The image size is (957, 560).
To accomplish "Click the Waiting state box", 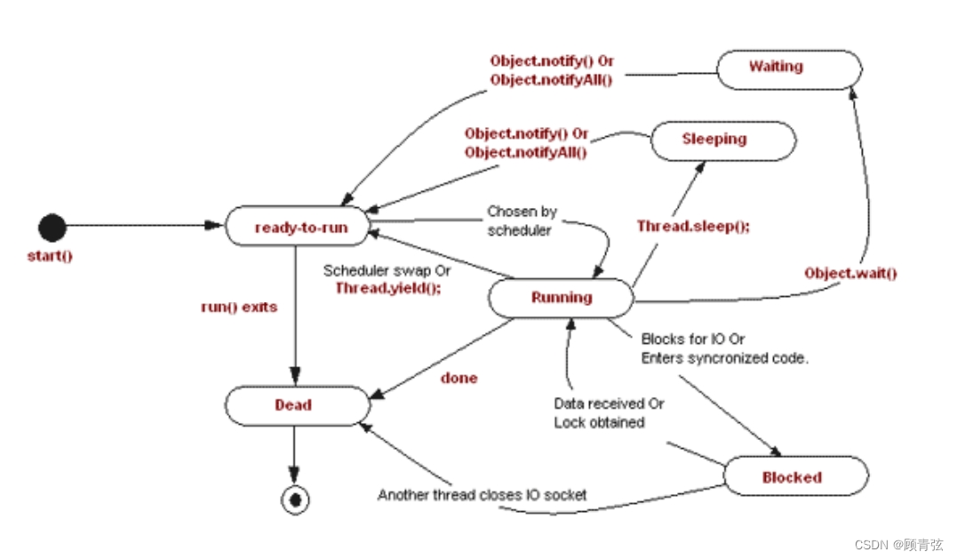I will click(x=788, y=68).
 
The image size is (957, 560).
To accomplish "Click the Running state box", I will click(x=561, y=298).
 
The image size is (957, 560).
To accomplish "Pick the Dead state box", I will click(x=297, y=405).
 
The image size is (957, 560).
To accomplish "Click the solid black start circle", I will click(x=52, y=228).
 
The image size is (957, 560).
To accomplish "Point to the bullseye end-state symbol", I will click(x=295, y=500).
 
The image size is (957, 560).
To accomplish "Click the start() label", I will click(x=49, y=257).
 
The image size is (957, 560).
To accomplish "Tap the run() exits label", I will click(x=239, y=308).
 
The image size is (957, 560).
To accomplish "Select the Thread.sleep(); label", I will click(x=693, y=226).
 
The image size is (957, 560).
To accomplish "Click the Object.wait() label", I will click(x=850, y=273).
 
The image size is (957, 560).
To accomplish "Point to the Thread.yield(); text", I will click(x=387, y=288).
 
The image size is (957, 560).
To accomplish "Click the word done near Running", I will click(x=459, y=378).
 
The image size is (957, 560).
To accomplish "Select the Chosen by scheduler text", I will click(x=522, y=220).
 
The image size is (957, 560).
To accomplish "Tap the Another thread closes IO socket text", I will click(x=482, y=494).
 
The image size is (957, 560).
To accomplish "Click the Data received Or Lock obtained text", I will click(x=608, y=412).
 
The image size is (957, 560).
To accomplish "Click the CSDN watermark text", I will click(x=898, y=544).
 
